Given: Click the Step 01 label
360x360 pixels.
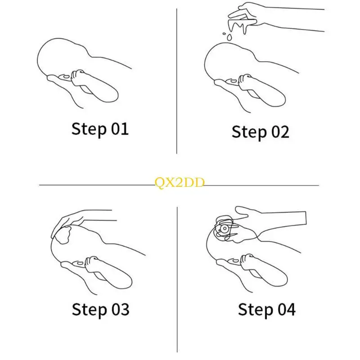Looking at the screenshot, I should pyautogui.click(x=100, y=129).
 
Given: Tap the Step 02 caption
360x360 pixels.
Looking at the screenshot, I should pyautogui.click(x=260, y=132).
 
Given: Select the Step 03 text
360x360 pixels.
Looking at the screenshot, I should pyautogui.click(x=100, y=309).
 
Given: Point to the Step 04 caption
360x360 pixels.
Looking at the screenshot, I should pyautogui.click(x=266, y=309).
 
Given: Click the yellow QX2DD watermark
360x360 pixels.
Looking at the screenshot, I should pyautogui.click(x=180, y=182).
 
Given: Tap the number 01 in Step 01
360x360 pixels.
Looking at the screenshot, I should pyautogui.click(x=119, y=129).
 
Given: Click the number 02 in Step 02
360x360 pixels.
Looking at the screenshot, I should pyautogui.click(x=279, y=132).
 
